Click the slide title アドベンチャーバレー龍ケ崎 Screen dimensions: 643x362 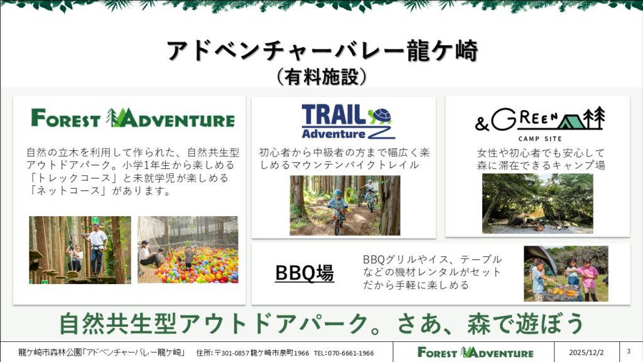(322, 51)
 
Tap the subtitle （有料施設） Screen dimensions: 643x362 (321, 77)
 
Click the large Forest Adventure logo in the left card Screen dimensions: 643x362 (133, 118)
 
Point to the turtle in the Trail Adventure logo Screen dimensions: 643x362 (380, 116)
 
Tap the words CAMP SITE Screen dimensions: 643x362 (539, 139)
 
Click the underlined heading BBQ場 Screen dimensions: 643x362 (305, 273)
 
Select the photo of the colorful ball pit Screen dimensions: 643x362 (188, 250)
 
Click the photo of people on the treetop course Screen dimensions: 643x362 (80, 250)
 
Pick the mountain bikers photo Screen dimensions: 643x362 (345, 206)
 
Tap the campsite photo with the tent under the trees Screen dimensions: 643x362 (538, 204)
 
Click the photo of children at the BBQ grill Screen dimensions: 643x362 (566, 274)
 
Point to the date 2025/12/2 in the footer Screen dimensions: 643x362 (586, 353)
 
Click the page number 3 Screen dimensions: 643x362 (629, 351)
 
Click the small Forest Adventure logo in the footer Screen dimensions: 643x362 (475, 352)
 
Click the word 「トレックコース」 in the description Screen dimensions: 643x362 (69, 178)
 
